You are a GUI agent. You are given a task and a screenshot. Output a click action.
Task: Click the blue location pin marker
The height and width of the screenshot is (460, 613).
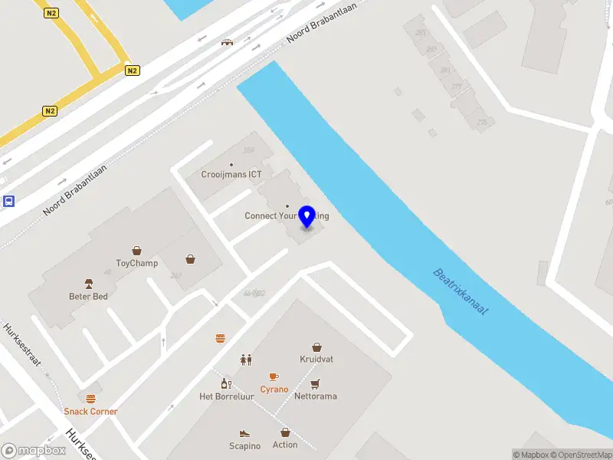[307, 216]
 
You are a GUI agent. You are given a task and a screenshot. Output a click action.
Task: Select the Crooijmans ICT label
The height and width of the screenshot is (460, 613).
[231, 174]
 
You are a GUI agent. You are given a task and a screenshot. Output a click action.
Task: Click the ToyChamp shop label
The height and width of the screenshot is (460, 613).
[137, 263]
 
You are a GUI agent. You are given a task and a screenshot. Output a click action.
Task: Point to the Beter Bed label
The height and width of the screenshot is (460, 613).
[88, 296]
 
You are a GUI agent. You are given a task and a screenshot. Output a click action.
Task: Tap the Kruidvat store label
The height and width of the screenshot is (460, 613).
[316, 359]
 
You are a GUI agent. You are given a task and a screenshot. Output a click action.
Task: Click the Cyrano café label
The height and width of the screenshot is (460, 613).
[274, 389]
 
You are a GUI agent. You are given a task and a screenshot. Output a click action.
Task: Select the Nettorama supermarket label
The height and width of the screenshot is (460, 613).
[316, 396]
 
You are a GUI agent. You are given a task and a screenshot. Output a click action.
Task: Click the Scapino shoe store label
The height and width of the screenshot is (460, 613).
[244, 446]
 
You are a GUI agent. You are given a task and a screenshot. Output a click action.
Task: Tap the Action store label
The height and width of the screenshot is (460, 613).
[285, 445]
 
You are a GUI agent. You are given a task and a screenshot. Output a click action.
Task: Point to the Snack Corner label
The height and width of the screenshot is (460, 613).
[91, 412]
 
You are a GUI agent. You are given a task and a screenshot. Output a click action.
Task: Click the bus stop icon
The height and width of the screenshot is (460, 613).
[8, 202]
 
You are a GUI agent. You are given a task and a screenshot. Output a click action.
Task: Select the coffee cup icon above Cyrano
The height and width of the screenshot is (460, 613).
[274, 376]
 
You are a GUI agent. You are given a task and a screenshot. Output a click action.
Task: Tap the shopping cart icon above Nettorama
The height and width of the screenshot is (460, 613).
[316, 383]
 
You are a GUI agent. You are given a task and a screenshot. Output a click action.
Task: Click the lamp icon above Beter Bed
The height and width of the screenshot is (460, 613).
[88, 283]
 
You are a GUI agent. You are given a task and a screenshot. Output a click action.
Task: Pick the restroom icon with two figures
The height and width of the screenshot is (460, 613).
[246, 359]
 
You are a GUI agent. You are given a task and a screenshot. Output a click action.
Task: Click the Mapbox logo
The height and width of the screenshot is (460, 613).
[32, 451]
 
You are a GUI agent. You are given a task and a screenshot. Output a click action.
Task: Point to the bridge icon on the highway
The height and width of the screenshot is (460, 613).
[227, 42]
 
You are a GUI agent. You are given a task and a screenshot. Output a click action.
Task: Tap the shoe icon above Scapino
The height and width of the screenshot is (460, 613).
[244, 433]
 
